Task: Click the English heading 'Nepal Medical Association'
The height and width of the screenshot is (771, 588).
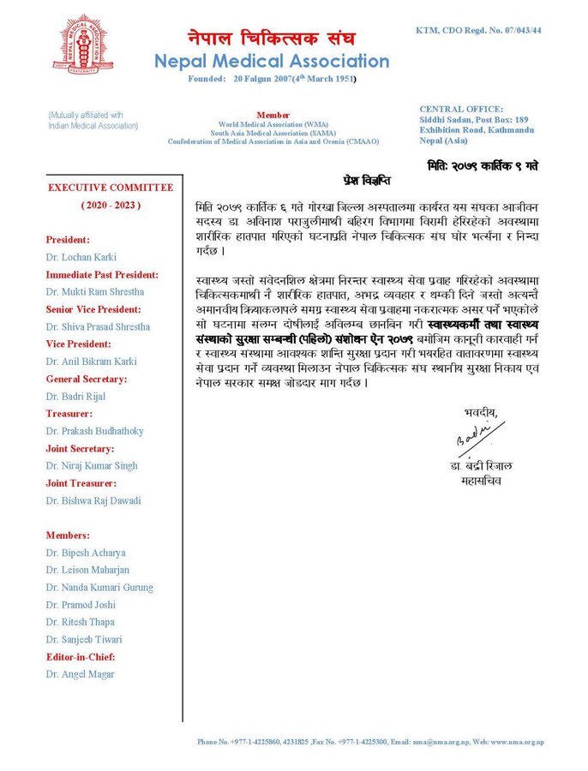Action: (271, 61)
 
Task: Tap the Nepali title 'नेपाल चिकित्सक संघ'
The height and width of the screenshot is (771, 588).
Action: (272, 39)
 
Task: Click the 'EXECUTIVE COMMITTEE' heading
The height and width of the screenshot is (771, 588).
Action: (110, 188)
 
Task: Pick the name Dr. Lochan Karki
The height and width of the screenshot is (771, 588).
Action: (82, 257)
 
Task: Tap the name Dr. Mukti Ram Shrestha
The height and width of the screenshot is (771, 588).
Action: (96, 292)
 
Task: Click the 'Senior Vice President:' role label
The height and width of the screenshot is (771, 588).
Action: (93, 309)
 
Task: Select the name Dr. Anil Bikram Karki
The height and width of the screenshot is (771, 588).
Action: (93, 362)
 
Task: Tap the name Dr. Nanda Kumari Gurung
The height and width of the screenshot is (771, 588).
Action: (99, 588)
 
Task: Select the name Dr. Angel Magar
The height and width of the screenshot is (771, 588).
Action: (81, 674)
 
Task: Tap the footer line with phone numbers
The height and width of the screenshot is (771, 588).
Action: (370, 742)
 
